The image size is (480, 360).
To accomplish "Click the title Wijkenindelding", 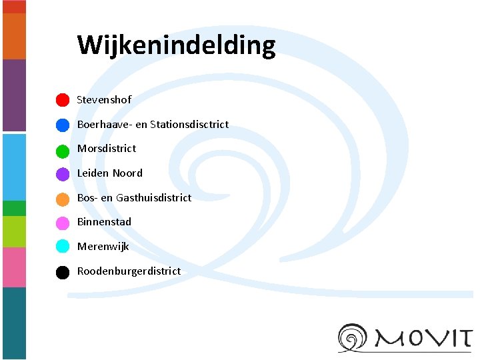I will click(x=176, y=45).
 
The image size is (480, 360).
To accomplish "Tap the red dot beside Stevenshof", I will click(x=62, y=100).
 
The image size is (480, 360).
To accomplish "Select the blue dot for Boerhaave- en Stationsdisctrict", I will click(x=62, y=125).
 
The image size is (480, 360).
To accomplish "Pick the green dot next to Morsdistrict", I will click(x=62, y=149).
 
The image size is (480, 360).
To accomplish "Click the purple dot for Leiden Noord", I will click(x=62, y=174).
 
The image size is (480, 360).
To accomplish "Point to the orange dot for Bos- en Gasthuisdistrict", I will click(x=62, y=199).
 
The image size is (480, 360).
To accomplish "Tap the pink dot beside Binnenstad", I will click(x=62, y=223).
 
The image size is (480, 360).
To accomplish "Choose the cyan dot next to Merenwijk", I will click(x=62, y=247).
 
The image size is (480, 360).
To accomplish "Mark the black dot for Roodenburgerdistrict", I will click(x=62, y=271).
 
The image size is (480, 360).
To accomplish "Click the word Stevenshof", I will click(x=104, y=99).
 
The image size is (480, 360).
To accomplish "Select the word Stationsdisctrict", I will click(x=189, y=124).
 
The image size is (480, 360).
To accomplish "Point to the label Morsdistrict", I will click(x=106, y=148).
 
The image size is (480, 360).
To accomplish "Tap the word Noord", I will click(x=127, y=173).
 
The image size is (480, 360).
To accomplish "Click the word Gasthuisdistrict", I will click(x=153, y=197).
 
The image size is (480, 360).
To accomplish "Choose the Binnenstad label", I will click(x=104, y=221).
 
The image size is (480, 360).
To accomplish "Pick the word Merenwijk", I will click(x=103, y=246).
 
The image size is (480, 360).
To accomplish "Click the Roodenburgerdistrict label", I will click(x=129, y=271).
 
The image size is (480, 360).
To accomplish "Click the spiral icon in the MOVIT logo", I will click(x=354, y=337).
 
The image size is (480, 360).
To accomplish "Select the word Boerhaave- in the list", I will click(x=105, y=124).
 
